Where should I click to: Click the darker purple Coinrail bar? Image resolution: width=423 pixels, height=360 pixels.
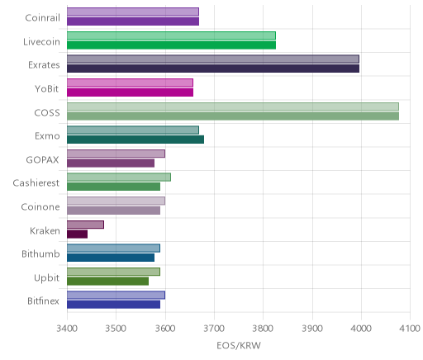pyautogui.click(x=133, y=21)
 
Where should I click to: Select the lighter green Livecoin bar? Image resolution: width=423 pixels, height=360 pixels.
pyautogui.click(x=171, y=36)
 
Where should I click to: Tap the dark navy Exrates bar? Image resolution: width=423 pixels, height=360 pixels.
pyautogui.click(x=213, y=69)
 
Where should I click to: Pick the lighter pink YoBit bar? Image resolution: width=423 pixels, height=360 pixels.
pyautogui.click(x=130, y=83)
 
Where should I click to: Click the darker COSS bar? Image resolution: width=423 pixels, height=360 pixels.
pyautogui.click(x=233, y=116)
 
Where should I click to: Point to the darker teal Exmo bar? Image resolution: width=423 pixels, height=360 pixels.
pyautogui.click(x=135, y=140)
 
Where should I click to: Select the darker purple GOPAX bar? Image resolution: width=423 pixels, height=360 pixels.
pyautogui.click(x=111, y=163)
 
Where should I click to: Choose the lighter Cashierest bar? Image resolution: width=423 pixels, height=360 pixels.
pyautogui.click(x=119, y=178)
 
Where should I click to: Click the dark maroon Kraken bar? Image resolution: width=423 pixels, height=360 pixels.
pyautogui.click(x=78, y=234)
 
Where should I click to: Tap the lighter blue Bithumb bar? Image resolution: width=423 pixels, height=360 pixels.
pyautogui.click(x=113, y=249)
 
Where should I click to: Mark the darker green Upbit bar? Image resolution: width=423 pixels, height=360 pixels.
pyautogui.click(x=108, y=282)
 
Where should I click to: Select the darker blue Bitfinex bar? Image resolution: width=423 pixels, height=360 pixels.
pyautogui.click(x=113, y=305)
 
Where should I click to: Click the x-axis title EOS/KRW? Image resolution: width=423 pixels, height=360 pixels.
pyautogui.click(x=239, y=346)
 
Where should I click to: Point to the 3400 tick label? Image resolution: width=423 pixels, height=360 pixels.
pyautogui.click(x=67, y=329)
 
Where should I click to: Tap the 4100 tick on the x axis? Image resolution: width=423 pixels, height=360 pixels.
pyautogui.click(x=410, y=329)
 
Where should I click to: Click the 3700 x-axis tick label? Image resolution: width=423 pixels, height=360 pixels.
pyautogui.click(x=214, y=329)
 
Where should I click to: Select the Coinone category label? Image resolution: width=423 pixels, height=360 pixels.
pyautogui.click(x=40, y=207)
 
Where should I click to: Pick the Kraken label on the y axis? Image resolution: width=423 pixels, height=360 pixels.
pyautogui.click(x=45, y=230)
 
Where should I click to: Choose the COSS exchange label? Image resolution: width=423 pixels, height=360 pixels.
pyautogui.click(x=47, y=113)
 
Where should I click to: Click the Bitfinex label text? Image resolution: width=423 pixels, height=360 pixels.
pyautogui.click(x=43, y=301)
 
